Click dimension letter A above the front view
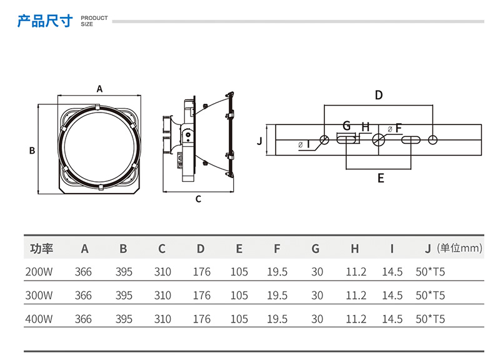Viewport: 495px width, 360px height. point(99,89)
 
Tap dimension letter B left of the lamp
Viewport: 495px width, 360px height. point(31,151)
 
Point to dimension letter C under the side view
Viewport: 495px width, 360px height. point(198,199)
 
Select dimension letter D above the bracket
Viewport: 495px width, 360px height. point(378,96)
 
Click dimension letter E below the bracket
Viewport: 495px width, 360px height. point(381,179)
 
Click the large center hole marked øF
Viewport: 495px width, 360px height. point(378,139)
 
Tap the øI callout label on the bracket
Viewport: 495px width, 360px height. point(305,144)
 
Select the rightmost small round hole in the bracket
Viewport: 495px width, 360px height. point(433,139)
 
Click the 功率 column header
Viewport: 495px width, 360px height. point(42,249)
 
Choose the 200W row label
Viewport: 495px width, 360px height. point(38,272)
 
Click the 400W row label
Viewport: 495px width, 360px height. point(38,319)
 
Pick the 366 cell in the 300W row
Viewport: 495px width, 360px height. point(83,296)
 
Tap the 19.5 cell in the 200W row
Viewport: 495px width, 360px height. point(276,272)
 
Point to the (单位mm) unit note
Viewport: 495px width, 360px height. point(460,248)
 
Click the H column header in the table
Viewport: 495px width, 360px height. point(354,249)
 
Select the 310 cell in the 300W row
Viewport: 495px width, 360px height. point(162,296)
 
